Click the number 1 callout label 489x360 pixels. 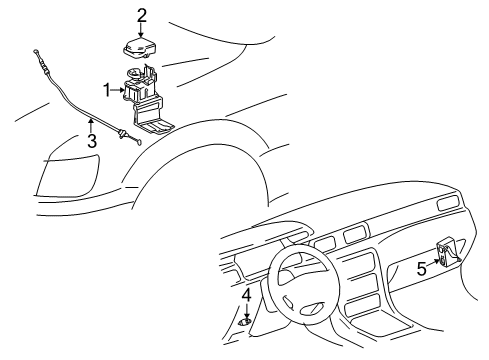[x=106, y=90]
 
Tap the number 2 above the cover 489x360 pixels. [x=142, y=14]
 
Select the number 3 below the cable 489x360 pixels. [x=92, y=141]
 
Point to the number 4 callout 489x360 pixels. [x=246, y=295]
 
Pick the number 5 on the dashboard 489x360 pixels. [x=421, y=267]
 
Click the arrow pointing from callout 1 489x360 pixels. [x=119, y=90]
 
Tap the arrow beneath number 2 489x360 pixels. [x=142, y=31]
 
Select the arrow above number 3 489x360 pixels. [x=91, y=125]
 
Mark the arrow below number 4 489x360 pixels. [x=246, y=312]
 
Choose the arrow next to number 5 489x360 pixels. [x=434, y=264]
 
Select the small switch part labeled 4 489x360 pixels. [x=246, y=325]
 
